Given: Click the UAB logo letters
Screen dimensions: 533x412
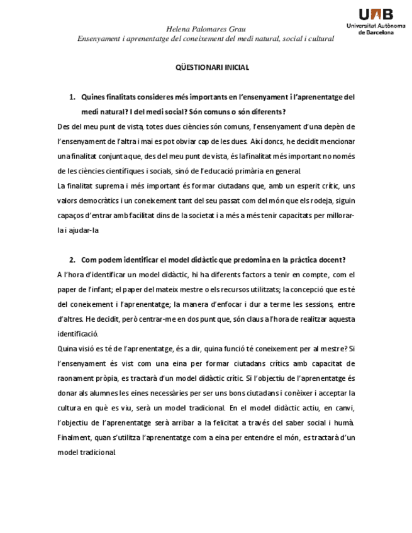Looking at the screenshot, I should (x=376, y=14).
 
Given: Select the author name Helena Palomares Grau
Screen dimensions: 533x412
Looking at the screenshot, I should (x=206, y=29).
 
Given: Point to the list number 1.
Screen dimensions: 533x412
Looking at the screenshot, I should (x=72, y=97).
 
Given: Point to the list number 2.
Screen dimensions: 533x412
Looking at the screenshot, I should (x=72, y=260).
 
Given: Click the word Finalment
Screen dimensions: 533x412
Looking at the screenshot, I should (x=74, y=437).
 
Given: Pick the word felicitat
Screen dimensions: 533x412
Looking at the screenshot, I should (x=262, y=422).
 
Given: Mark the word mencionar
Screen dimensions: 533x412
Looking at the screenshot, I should (x=337, y=141).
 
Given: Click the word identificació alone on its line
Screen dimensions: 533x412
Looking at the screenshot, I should (x=78, y=334).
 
